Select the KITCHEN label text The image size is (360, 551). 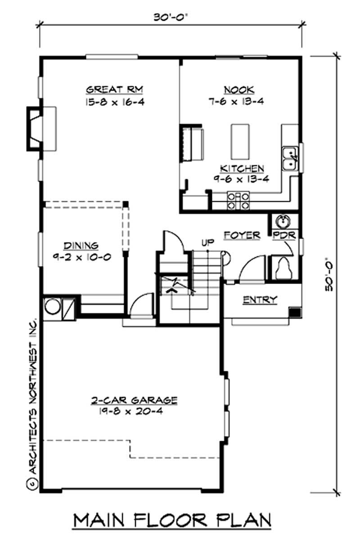242,169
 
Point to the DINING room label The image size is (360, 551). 81,246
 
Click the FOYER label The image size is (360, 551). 242,235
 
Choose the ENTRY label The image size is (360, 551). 260,300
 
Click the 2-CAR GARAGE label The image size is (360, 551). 134,400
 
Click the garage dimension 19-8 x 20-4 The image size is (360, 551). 134,411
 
